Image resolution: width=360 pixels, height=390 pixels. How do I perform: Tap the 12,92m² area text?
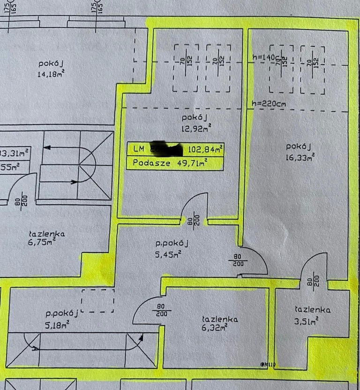(x=196, y=126)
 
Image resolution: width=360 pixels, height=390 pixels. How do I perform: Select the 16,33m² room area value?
(x=299, y=157)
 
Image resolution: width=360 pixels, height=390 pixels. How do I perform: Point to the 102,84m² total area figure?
(x=205, y=150)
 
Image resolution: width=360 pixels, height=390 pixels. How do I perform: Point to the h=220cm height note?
(x=269, y=104)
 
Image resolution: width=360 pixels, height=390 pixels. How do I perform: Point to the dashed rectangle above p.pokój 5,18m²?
(x=97, y=300)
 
